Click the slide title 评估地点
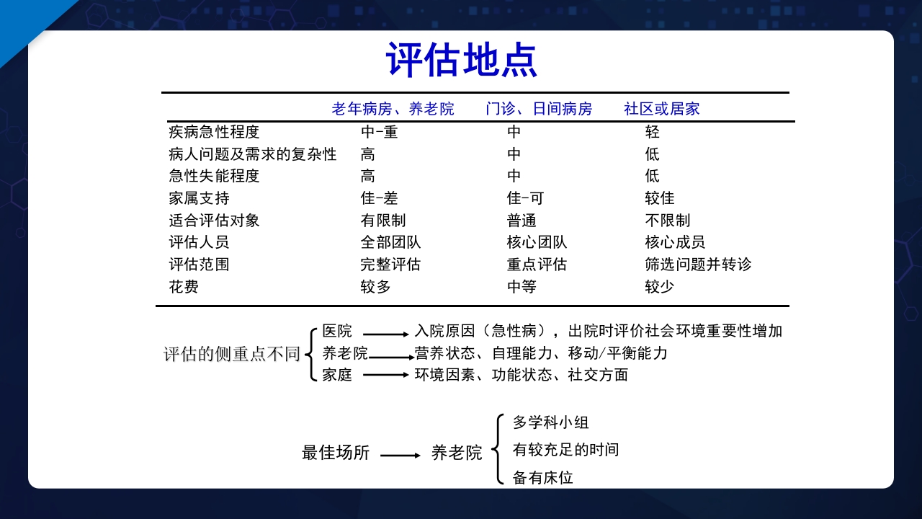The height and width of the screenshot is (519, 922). click(x=461, y=59)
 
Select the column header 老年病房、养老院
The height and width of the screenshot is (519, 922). click(x=393, y=109)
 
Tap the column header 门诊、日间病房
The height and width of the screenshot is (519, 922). click(x=539, y=109)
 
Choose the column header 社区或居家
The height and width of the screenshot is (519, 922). click(x=662, y=109)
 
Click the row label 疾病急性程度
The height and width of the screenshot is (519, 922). click(x=214, y=132)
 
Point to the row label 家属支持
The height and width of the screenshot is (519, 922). click(x=199, y=198)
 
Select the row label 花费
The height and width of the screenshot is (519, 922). click(x=184, y=287)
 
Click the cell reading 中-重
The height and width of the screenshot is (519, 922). click(x=379, y=132)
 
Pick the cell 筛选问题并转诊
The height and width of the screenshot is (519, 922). click(x=698, y=265)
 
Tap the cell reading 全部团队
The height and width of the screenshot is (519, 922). click(x=390, y=242)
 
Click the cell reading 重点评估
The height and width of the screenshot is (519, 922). click(x=537, y=265)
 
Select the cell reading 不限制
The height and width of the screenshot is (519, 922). click(x=668, y=221)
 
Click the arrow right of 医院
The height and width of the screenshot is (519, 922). click(x=385, y=334)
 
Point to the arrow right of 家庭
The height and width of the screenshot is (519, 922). click(x=385, y=375)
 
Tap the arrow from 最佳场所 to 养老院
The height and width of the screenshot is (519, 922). click(x=400, y=456)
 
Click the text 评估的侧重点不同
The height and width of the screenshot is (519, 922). click(x=231, y=354)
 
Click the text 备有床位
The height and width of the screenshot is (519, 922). click(x=543, y=477)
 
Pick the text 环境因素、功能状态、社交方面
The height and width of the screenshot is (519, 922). click(x=522, y=375)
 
